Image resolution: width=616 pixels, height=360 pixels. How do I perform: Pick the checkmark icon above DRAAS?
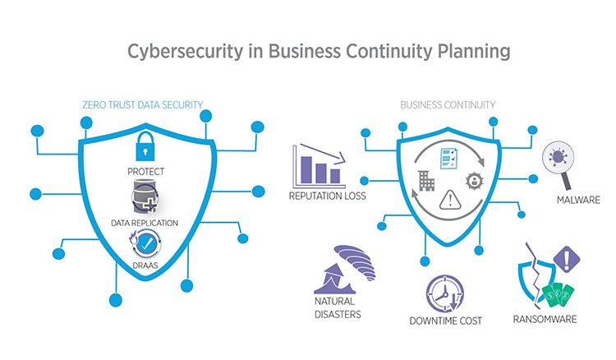pos(145,243)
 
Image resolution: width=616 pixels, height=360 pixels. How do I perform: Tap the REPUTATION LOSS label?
pos(327,196)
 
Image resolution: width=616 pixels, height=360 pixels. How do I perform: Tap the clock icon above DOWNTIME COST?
pos(446,293)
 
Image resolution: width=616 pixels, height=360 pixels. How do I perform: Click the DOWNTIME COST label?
pos(446,321)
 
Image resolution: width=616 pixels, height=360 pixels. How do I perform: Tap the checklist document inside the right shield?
pos(448,157)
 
